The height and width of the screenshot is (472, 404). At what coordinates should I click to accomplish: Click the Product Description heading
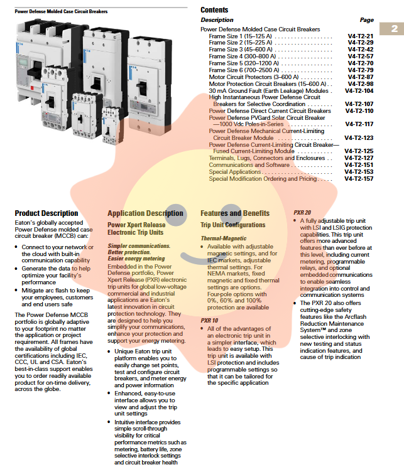click(46, 213)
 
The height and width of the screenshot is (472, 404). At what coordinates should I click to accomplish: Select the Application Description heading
click(145, 213)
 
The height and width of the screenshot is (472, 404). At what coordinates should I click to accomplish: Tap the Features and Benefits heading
click(234, 213)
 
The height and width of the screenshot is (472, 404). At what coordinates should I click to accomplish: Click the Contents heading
click(214, 10)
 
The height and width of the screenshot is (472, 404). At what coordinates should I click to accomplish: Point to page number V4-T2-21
click(360, 36)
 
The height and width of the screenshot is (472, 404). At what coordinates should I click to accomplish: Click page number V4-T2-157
click(359, 179)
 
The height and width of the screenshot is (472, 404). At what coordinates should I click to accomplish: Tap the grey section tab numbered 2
click(394, 29)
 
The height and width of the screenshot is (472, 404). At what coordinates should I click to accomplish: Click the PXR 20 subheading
click(302, 213)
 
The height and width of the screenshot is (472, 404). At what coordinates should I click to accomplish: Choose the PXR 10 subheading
click(209, 320)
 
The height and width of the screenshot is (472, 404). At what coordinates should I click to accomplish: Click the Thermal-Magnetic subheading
click(224, 239)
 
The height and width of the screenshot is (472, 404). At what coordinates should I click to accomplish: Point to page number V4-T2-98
click(360, 83)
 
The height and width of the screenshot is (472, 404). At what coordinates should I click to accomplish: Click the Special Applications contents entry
click(235, 172)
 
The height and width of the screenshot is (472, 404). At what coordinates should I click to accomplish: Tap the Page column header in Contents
click(366, 20)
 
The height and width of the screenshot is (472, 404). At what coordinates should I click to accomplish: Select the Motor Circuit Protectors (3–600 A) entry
click(250, 77)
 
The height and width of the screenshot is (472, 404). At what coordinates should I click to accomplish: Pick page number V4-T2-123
click(359, 137)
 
